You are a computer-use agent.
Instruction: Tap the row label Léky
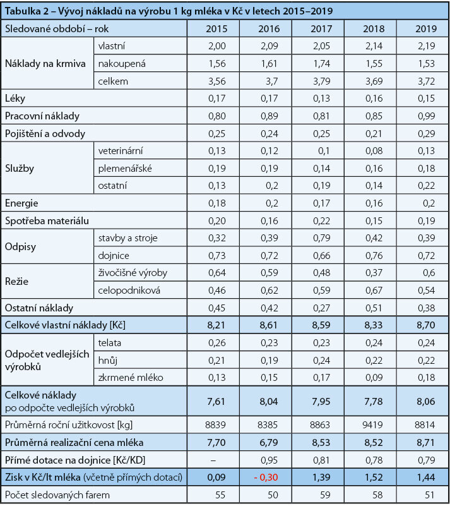coord(15,99)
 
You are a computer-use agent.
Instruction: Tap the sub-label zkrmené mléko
coord(130,378)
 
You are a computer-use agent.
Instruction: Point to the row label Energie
coord(21,203)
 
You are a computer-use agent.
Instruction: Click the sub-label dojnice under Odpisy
coord(114,255)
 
